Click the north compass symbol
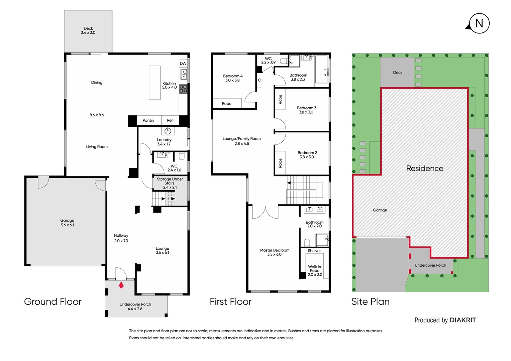[x=479, y=23]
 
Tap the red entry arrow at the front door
[x=121, y=285]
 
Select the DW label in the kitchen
[x=183, y=64]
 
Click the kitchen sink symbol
[x=184, y=74]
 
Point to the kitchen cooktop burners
[x=183, y=89]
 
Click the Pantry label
[x=148, y=120]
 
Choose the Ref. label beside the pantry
[x=170, y=120]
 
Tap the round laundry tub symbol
[x=168, y=131]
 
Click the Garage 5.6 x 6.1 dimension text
[x=67, y=225]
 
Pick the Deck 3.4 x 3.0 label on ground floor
[x=88, y=30]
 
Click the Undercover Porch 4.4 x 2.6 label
[x=135, y=307]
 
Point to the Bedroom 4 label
[x=233, y=76]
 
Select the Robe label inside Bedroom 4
[x=226, y=104]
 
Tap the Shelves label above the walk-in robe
[x=314, y=251]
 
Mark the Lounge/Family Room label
[x=241, y=139]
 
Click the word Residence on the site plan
[x=424, y=168]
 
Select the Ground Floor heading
[x=53, y=302]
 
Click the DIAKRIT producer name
[x=463, y=320]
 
